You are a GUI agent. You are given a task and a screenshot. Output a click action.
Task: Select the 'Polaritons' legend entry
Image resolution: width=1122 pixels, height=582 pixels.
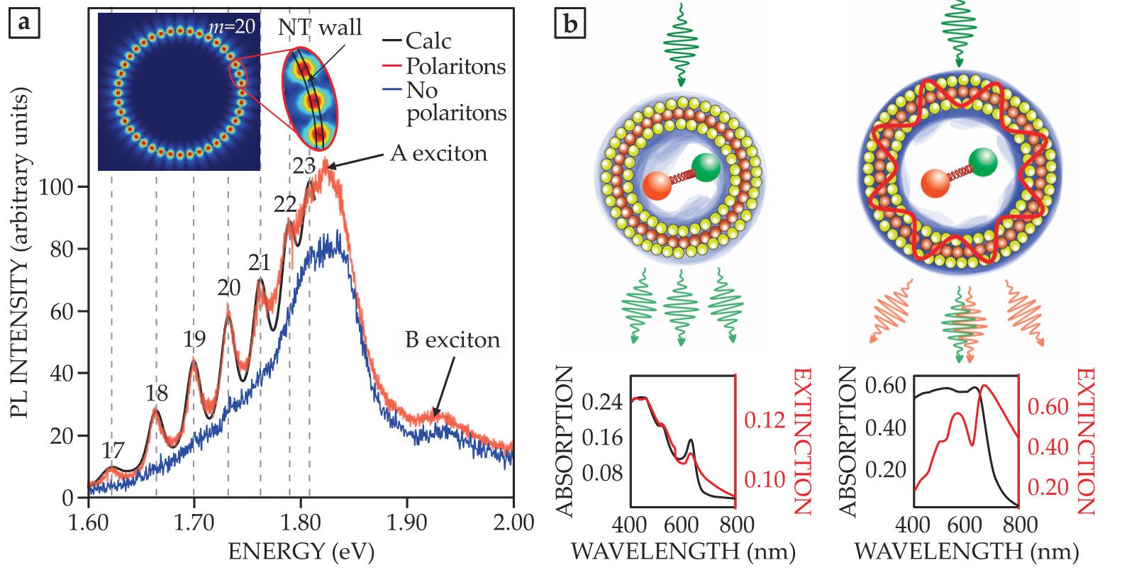(x=455, y=66)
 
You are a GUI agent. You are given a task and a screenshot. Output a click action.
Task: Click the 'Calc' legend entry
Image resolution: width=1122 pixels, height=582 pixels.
(x=428, y=41)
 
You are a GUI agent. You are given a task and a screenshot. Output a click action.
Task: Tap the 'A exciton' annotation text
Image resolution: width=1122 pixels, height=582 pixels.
(x=438, y=153)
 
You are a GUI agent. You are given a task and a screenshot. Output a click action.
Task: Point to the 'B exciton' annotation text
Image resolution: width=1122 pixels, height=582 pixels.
(x=452, y=340)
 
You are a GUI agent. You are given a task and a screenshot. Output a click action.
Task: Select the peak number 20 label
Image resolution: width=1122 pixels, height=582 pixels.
(x=229, y=287)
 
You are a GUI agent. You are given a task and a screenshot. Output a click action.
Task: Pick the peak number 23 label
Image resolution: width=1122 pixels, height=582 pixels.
(x=304, y=165)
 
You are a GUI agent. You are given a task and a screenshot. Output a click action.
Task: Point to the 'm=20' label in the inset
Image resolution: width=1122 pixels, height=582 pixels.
(x=231, y=29)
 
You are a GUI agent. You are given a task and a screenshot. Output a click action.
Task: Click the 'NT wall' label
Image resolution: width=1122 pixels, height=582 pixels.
(x=319, y=28)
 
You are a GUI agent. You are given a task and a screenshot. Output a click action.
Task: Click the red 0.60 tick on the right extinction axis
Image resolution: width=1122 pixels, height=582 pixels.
(x=1048, y=407)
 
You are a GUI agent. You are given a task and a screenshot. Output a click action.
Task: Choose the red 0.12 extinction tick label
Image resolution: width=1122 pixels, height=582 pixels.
(x=765, y=420)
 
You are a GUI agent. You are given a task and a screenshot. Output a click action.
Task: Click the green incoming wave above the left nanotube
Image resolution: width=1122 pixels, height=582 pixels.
(x=682, y=43)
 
